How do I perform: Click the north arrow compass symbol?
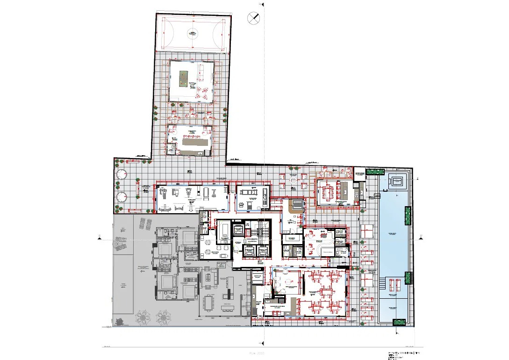click(254, 18)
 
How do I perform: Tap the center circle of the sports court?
click(192, 33)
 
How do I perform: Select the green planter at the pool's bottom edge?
click(399, 322)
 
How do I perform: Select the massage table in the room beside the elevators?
click(224, 229)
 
